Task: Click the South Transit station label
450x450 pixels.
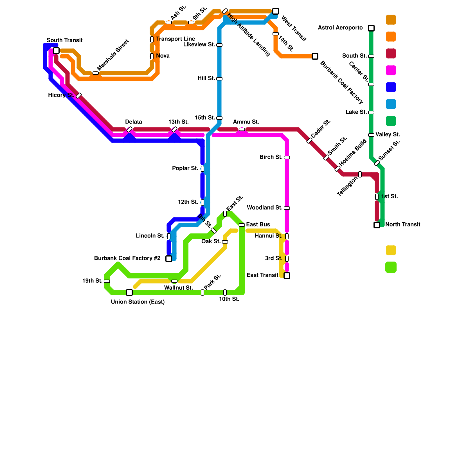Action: point(64,40)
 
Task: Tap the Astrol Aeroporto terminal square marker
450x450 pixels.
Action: point(371,28)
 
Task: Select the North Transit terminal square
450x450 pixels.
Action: point(377,225)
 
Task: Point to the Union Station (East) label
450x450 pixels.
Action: point(138,302)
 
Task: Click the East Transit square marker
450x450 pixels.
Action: point(287,276)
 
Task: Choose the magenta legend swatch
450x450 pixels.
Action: point(391,70)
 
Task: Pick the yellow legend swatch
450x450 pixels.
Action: point(391,250)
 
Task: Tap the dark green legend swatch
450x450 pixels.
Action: point(391,121)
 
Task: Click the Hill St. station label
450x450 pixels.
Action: point(206,78)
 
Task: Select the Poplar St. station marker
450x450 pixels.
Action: point(202,169)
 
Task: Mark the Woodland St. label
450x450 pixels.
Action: point(264,208)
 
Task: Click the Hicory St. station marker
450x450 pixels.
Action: point(79,96)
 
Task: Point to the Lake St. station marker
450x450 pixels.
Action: point(371,112)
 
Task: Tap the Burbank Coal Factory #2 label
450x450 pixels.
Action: point(127,258)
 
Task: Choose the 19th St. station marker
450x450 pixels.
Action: point(107,281)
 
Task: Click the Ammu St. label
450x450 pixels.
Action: point(246,122)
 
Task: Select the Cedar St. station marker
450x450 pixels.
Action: point(309,141)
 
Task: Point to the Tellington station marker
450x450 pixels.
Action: point(360,174)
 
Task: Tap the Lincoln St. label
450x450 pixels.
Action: point(150,236)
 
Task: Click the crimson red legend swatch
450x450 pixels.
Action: point(391,53)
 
